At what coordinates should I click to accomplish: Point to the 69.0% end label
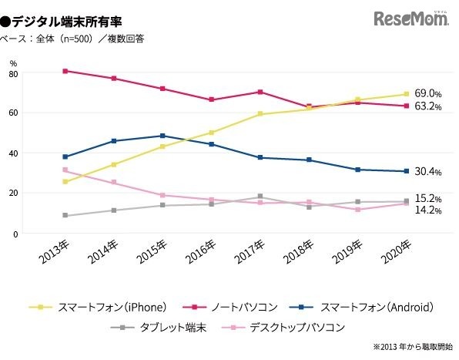click(x=427, y=93)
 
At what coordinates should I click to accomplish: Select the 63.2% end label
click(x=427, y=106)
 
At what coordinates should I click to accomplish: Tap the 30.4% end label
click(x=427, y=171)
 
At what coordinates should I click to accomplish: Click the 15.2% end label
click(x=427, y=198)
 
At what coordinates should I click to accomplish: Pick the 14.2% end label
click(x=427, y=210)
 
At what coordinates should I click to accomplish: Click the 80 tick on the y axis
click(x=13, y=73)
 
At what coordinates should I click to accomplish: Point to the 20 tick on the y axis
click(x=13, y=193)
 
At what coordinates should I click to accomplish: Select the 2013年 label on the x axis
click(x=52, y=257)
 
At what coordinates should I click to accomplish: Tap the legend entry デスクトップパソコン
click(x=293, y=327)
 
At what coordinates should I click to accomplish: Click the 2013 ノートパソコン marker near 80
click(x=65, y=71)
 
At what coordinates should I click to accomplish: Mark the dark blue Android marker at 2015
click(x=162, y=136)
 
